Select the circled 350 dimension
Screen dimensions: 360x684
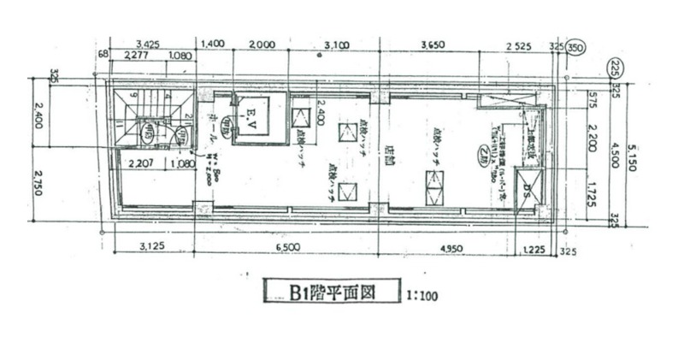point(576,49)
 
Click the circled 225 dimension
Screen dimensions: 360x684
point(613,66)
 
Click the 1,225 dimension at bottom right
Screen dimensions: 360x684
point(532,248)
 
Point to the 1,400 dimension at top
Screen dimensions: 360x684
point(210,43)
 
